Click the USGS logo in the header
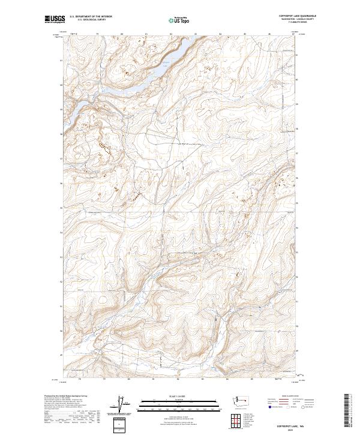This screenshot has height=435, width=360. point(53,20)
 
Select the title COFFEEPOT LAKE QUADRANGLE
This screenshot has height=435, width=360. point(297,16)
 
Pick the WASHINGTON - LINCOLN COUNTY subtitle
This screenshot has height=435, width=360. point(297,19)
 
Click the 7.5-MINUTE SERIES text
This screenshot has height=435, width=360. point(297,22)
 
